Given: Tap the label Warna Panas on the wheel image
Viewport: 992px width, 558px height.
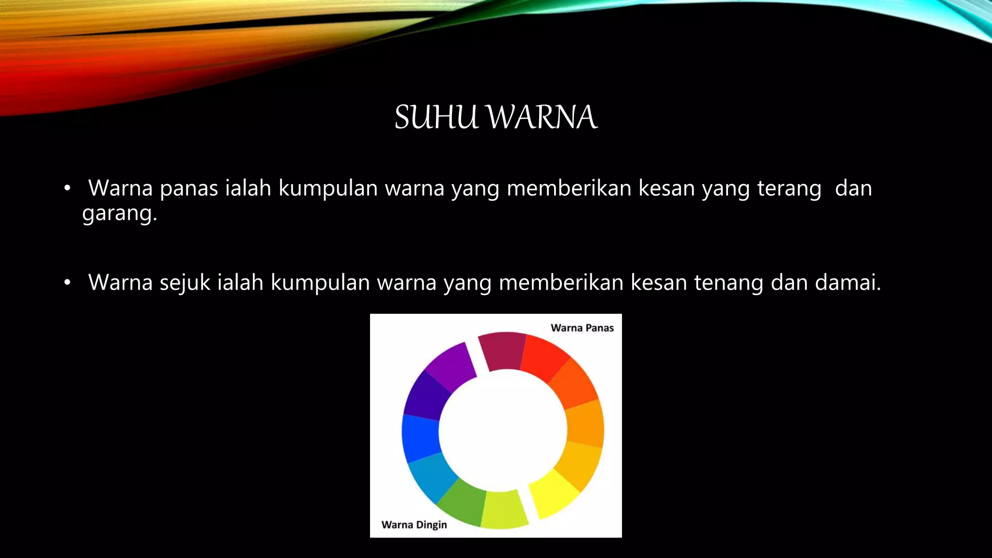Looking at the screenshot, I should click(x=582, y=328).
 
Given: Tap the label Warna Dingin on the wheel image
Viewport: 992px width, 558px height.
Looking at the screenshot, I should click(x=414, y=525).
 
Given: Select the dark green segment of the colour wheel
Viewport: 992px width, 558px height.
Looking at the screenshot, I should click(x=463, y=504).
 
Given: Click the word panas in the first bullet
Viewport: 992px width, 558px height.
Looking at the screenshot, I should click(x=189, y=189).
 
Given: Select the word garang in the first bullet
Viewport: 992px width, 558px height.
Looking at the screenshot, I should click(x=117, y=214).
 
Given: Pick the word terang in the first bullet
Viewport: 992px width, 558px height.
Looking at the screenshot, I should click(x=789, y=189).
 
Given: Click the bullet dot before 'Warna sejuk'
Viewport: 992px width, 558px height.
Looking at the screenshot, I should click(x=67, y=282).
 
